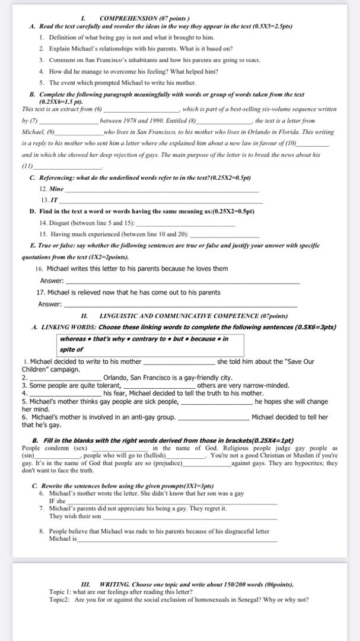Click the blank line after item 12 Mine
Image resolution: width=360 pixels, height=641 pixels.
tap(161, 191)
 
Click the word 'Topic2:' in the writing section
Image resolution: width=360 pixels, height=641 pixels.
tap(60, 599)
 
